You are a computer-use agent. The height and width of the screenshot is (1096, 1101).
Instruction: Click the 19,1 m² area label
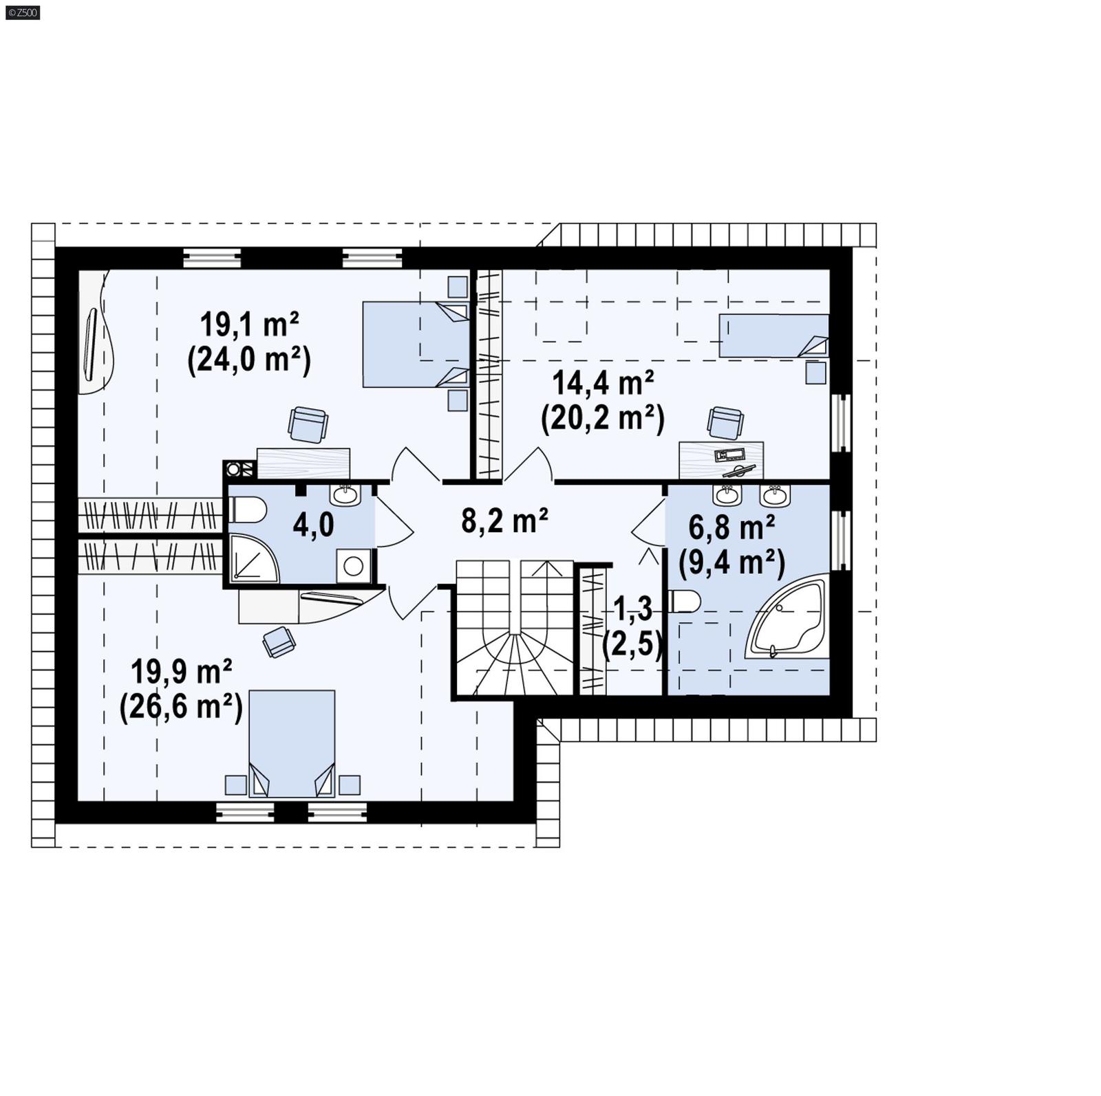click(249, 325)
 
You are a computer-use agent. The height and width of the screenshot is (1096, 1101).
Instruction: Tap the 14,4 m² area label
click(603, 382)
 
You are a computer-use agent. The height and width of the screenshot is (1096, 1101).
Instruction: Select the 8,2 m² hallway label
click(504, 520)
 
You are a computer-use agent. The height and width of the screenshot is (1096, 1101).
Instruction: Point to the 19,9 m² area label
click(181, 672)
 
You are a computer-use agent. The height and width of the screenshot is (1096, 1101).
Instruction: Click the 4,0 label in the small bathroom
click(313, 525)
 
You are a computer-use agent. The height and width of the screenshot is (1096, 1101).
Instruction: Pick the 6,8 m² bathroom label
click(731, 528)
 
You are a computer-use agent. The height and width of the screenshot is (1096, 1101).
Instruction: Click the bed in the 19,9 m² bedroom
click(292, 743)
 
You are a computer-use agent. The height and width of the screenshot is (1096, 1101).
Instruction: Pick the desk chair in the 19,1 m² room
click(308, 424)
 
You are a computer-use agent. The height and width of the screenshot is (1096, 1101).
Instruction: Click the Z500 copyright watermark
click(22, 12)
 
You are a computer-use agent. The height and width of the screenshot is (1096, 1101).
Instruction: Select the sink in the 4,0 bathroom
click(344, 494)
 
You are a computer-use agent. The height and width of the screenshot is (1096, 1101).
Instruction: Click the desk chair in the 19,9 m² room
click(279, 642)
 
